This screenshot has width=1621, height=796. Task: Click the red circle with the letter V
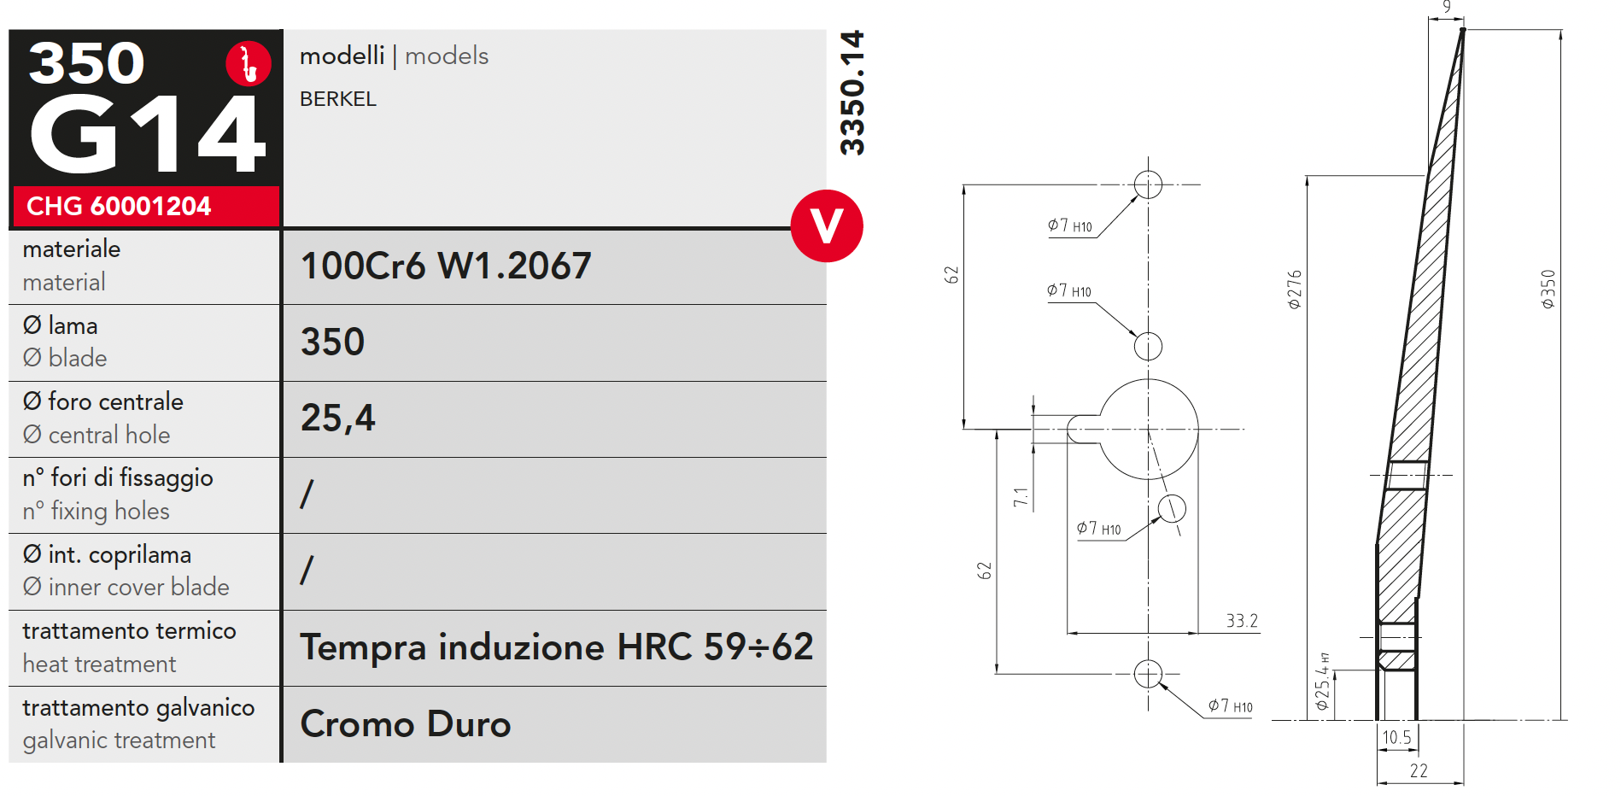[x=827, y=225]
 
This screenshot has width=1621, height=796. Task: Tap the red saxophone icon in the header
[x=249, y=63]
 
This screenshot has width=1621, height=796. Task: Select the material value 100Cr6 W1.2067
[x=446, y=266]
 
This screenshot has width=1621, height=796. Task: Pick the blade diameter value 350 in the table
[x=333, y=342]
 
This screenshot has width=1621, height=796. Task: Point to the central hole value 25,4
[x=338, y=418]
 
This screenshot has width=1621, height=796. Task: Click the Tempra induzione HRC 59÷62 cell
[x=557, y=647]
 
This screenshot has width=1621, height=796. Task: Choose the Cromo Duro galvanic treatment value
[x=406, y=723]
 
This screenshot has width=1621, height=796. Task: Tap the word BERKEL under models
[x=338, y=99]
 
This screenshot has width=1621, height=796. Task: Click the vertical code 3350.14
[x=852, y=93]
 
